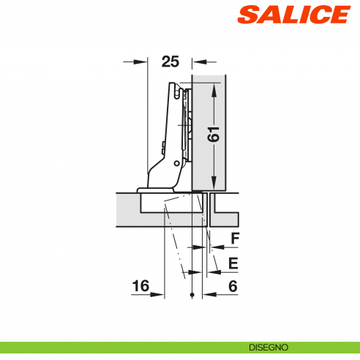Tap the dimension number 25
click(x=170, y=61)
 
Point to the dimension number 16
click(x=141, y=287)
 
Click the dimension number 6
click(x=233, y=287)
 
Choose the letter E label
click(x=233, y=262)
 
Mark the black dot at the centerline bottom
click(x=192, y=295)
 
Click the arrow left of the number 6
click(x=209, y=295)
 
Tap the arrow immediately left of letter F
click(x=217, y=247)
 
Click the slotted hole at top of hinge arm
click(x=176, y=91)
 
